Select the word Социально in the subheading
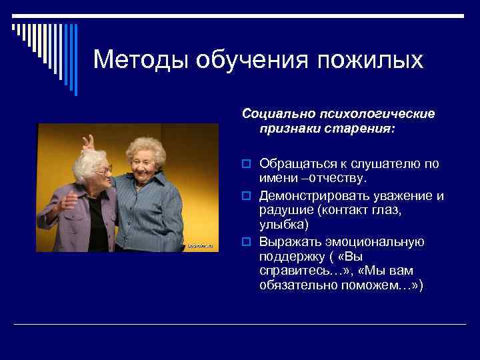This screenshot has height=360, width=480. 272,114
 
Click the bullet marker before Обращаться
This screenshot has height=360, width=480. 247,164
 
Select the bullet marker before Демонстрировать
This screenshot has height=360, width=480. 247,196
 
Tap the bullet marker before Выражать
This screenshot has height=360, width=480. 247,241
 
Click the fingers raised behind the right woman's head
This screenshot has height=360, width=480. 87,141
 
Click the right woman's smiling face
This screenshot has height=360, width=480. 143,160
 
